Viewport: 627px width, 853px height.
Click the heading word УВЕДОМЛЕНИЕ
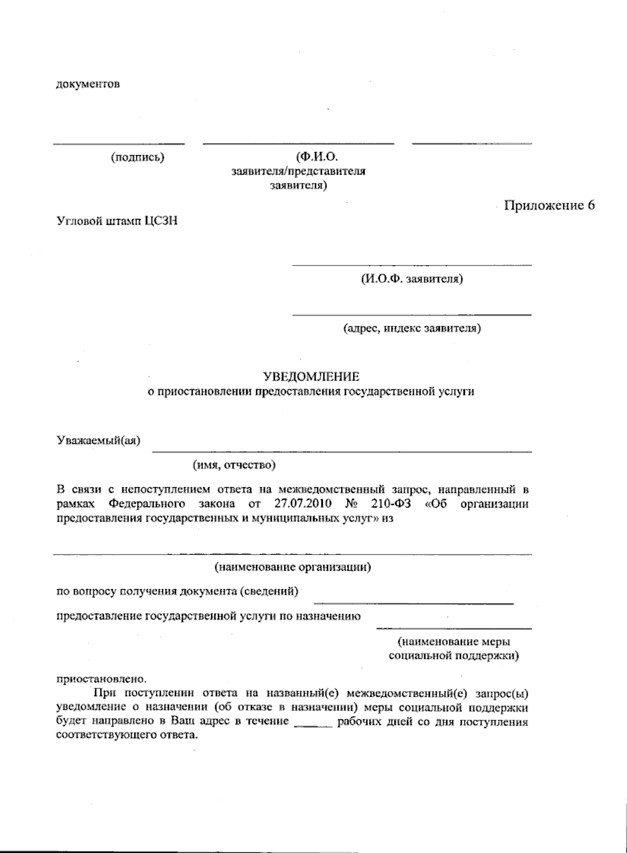311,376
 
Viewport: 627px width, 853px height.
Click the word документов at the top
88,84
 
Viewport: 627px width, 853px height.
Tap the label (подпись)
137,157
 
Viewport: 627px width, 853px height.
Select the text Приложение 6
549,205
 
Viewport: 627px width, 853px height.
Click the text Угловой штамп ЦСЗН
117,221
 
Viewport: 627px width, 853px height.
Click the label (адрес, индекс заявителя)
412,328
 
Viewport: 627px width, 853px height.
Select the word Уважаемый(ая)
99,441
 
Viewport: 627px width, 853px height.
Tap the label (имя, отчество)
234,464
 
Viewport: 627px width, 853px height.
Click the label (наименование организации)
293,567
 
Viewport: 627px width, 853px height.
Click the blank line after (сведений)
413,603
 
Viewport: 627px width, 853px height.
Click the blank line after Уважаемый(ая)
342,451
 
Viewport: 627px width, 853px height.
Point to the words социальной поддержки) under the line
454,655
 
